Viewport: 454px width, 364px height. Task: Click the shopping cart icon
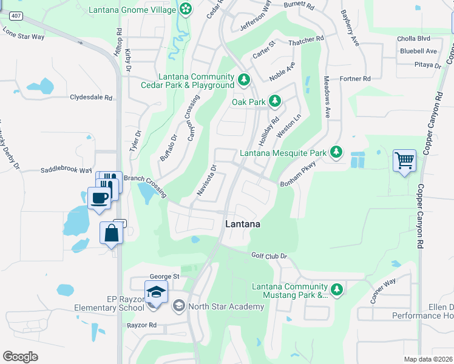click(404, 161)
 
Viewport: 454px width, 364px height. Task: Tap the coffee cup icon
click(100, 197)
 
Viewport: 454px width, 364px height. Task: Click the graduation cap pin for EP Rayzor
click(156, 292)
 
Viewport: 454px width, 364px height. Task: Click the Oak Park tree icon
click(274, 101)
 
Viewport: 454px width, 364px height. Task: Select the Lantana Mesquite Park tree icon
click(336, 153)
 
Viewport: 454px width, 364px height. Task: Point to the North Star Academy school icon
click(178, 306)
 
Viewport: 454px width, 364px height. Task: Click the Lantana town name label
click(243, 224)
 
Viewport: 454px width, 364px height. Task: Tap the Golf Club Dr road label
click(268, 256)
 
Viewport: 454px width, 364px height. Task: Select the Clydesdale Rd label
click(92, 97)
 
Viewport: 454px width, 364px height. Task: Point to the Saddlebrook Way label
click(66, 171)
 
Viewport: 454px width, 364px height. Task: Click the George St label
click(164, 276)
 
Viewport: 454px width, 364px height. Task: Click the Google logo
click(20, 356)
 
